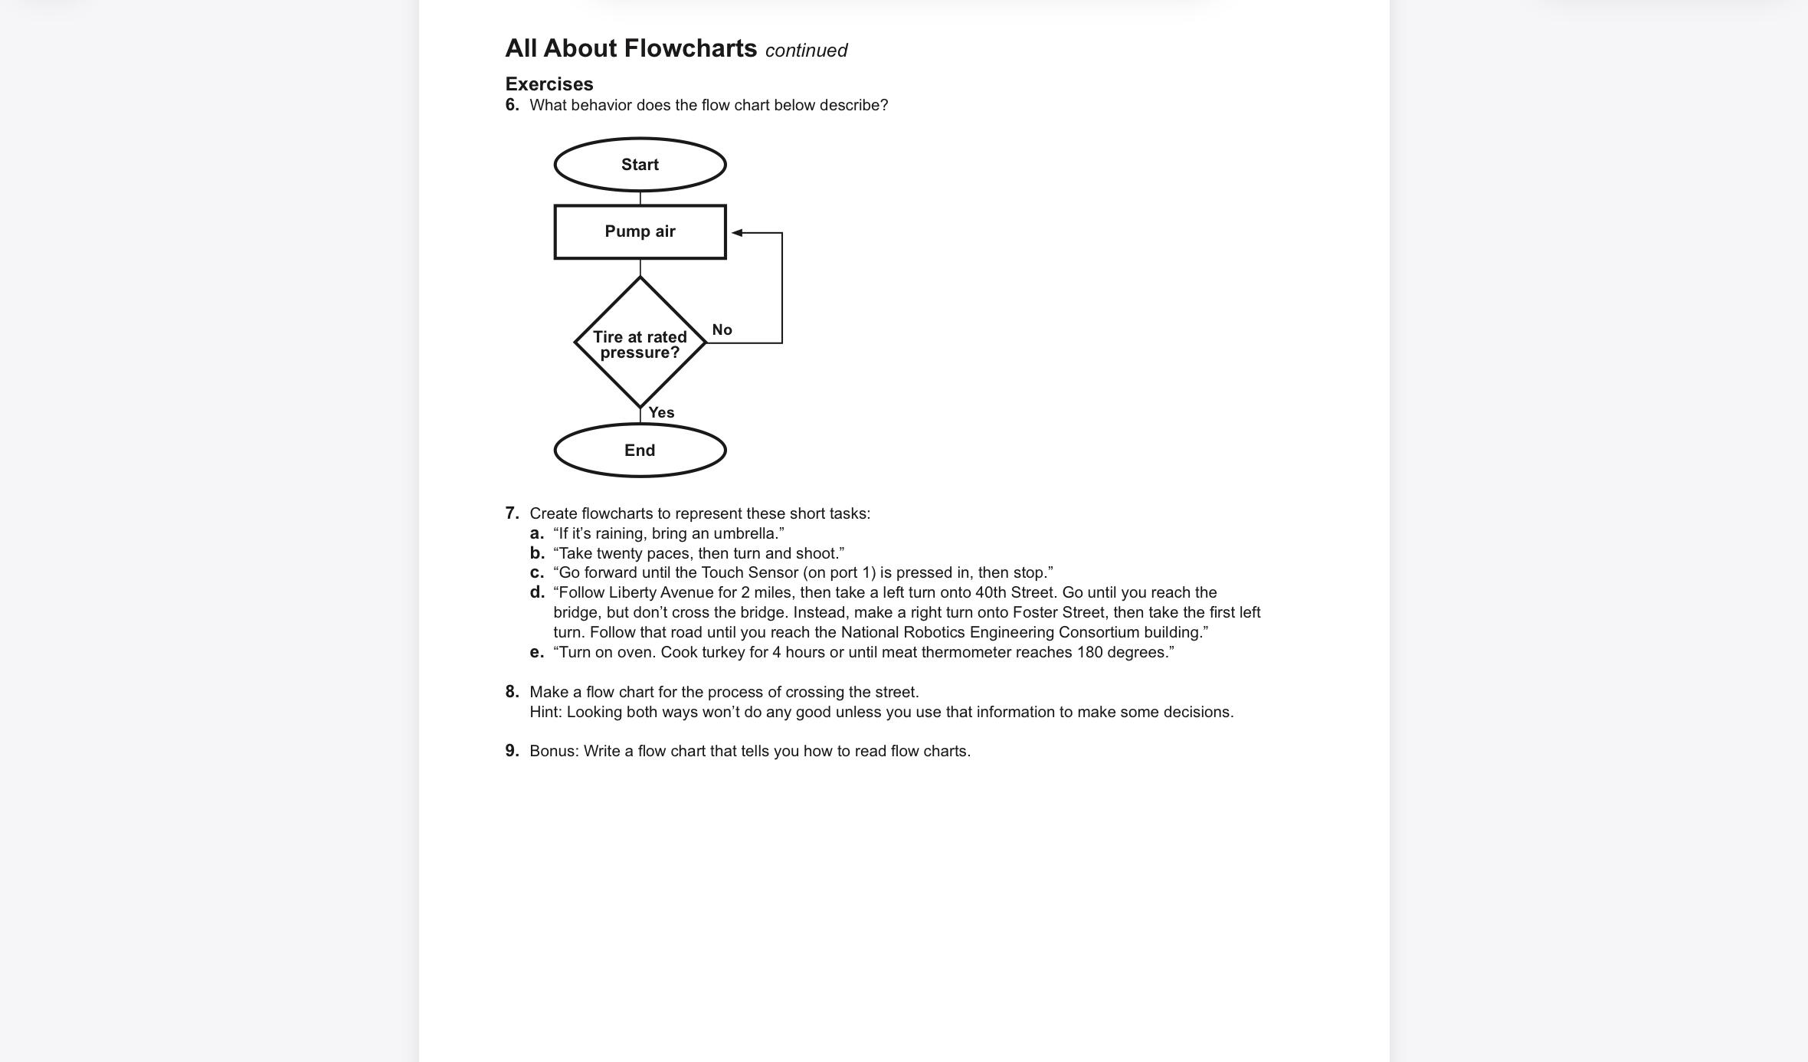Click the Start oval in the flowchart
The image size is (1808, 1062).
coord(640,165)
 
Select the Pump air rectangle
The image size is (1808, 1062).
coord(640,231)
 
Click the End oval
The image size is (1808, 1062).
coord(640,451)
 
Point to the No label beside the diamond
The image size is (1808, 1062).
coord(722,330)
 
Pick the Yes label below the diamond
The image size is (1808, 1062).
coord(661,413)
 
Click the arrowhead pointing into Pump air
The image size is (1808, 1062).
coord(737,232)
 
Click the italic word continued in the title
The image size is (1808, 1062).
coord(806,51)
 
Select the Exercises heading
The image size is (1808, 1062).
coord(549,84)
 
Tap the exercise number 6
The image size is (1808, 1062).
coord(512,105)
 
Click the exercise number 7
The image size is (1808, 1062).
coord(512,513)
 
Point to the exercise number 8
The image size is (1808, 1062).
coord(512,692)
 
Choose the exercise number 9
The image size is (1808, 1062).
coord(512,751)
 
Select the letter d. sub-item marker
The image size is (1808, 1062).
coord(537,592)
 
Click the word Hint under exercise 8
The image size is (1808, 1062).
coord(545,712)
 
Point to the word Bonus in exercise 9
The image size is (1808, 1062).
coord(553,751)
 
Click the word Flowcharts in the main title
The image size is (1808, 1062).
coord(690,48)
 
